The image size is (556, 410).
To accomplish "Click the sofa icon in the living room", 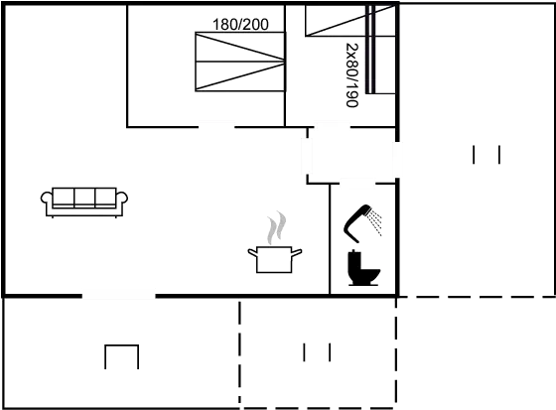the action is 84,202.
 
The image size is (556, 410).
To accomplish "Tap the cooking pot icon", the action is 274,260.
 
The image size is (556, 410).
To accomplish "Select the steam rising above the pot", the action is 277,227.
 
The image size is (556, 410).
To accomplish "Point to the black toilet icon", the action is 363,268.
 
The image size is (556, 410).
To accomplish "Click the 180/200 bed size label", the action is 240,25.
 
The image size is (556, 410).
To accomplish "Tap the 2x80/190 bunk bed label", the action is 352,74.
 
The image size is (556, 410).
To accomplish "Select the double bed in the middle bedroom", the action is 240,62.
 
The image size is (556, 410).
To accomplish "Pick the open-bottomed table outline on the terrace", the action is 121,345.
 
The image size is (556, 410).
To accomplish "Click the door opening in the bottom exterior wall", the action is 119,296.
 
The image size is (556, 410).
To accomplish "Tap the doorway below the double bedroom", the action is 216,126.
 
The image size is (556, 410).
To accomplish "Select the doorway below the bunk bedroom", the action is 332,126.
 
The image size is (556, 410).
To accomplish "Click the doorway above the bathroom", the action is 357,184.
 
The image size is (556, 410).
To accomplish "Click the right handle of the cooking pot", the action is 297,252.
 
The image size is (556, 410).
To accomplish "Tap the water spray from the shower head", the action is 375,222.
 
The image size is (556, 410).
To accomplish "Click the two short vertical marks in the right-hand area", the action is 486,155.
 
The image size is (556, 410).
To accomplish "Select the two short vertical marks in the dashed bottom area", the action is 317,352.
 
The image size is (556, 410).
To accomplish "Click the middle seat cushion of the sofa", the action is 84,198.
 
